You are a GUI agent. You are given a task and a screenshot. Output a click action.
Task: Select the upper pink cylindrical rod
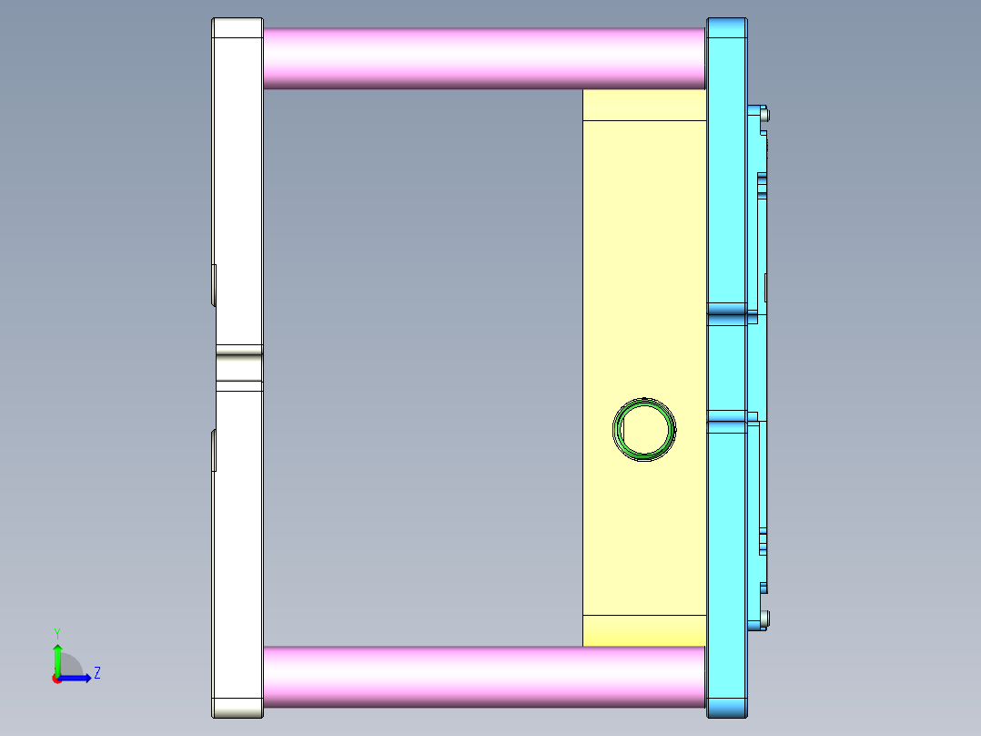pyautogui.click(x=482, y=57)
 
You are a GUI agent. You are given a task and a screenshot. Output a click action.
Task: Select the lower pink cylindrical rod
pyautogui.click(x=482, y=678)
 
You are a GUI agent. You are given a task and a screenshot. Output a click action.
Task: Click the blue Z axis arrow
pyautogui.click(x=80, y=678)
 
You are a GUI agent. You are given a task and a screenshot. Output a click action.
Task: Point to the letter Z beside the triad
pyautogui.click(x=96, y=673)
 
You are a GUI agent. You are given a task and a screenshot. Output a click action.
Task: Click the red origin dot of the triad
pyautogui.click(x=56, y=679)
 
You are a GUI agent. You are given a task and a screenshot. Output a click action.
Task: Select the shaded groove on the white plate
pyautogui.click(x=239, y=367)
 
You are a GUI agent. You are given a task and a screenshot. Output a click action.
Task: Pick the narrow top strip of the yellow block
pyautogui.click(x=643, y=105)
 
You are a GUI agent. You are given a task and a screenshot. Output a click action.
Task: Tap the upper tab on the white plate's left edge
pyautogui.click(x=215, y=285)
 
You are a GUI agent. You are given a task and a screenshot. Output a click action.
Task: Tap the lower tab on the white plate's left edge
pyautogui.click(x=215, y=451)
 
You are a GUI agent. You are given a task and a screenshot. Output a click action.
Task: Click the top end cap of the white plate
pyautogui.click(x=238, y=27)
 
